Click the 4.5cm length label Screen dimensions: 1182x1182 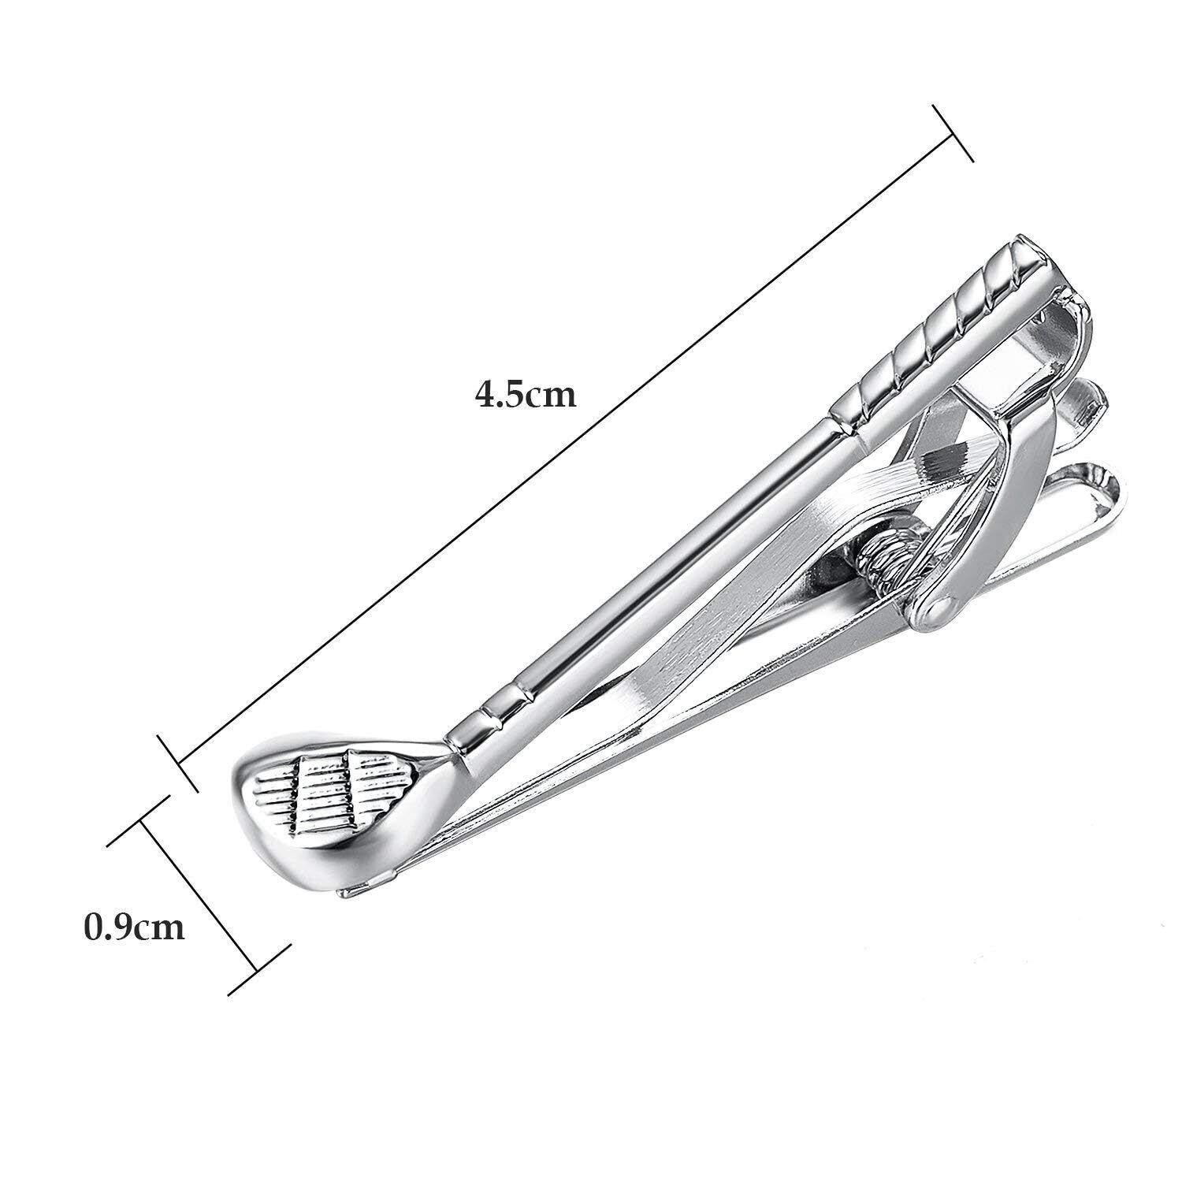click(x=526, y=394)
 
